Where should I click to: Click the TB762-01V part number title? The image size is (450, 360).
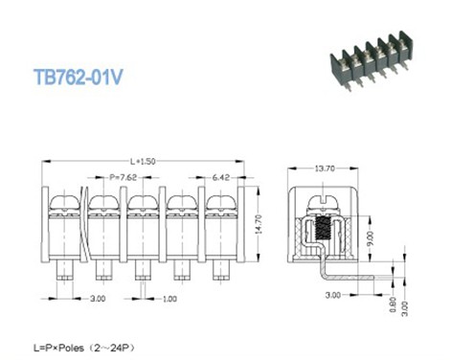[x=79, y=77]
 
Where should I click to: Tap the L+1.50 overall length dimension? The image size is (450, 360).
[x=143, y=161]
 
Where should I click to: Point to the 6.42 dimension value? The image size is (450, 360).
[x=221, y=177]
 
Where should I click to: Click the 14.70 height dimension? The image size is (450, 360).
[x=259, y=224]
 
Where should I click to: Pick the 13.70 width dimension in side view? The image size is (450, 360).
[x=325, y=169]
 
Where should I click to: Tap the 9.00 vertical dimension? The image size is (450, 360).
[x=371, y=238]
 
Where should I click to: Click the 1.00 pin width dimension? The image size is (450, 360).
[x=169, y=299]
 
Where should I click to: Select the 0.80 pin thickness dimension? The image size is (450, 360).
[x=393, y=304]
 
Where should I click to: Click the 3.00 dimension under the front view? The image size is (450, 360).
[x=98, y=299]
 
